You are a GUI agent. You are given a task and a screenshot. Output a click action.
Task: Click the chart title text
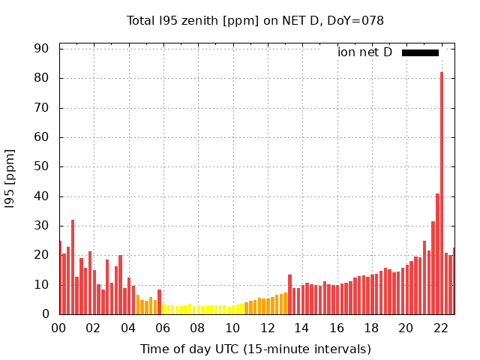pos(255,20)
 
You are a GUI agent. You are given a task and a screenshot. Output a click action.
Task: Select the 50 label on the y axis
pos(40,166)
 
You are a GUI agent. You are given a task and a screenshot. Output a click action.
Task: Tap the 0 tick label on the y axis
pos(45,314)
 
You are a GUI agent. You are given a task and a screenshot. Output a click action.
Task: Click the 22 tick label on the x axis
pos(441,328)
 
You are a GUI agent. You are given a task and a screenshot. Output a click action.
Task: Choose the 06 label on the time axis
pos(163,328)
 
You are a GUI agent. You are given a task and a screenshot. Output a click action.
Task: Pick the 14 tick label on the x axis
pos(301,328)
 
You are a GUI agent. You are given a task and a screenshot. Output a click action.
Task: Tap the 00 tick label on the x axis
pos(59,328)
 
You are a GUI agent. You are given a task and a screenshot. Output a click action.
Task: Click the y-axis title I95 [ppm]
pos(10,180)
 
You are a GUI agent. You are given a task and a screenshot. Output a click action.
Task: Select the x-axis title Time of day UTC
pos(256,349)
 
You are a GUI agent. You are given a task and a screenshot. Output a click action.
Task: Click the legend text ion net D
pos(364,52)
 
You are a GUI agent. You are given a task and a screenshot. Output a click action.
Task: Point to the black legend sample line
pos(420,52)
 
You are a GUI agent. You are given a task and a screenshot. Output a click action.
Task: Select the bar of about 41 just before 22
pos(437,254)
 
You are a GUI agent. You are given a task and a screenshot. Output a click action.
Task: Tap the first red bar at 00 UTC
pos(60,277)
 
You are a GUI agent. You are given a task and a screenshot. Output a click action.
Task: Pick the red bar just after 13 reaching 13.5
pos(289,295)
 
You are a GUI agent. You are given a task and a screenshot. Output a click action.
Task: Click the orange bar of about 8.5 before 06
pos(159,302)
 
